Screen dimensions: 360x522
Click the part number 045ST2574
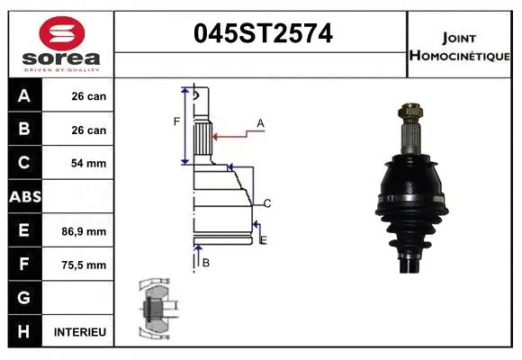(263, 34)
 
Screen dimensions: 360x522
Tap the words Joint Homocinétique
(459, 45)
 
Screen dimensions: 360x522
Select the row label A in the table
(24, 96)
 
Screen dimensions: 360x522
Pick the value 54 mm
(88, 164)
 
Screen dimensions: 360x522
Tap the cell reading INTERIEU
(80, 332)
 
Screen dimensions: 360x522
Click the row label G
(24, 298)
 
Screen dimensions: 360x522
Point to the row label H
(24, 332)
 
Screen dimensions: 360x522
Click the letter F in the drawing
(177, 121)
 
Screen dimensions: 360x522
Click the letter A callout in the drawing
(260, 123)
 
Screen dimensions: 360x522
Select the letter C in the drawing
(267, 202)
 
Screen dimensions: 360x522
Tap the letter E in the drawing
(264, 239)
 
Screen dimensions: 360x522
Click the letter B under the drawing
(206, 263)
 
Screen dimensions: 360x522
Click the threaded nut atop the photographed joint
(413, 115)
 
